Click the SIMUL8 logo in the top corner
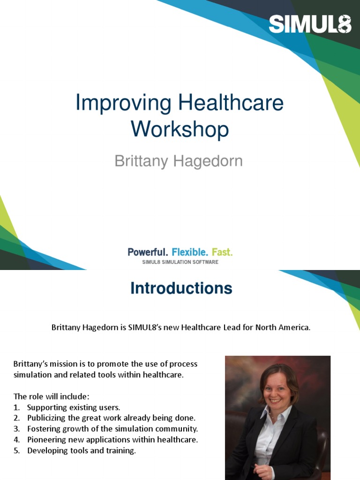tap(310, 24)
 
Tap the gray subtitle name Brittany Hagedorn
tap(179, 161)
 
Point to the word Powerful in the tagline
tap(147, 252)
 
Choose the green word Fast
tap(222, 252)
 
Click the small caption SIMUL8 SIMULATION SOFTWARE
tap(180, 262)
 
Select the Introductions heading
tap(181, 288)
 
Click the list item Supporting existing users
tap(74, 407)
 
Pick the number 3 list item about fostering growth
tap(112, 428)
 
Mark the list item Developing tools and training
tap(82, 450)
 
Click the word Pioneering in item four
tap(49, 440)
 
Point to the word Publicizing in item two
tap(49, 418)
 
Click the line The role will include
tap(51, 397)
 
